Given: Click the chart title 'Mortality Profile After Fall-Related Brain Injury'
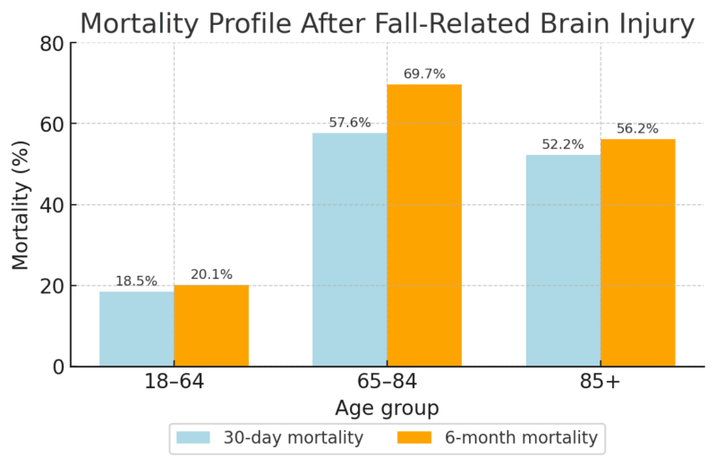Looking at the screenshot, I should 387,23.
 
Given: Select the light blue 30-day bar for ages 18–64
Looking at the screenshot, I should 136,329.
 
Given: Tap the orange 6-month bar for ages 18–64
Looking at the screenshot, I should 211,326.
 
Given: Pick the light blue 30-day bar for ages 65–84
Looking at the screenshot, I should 349,250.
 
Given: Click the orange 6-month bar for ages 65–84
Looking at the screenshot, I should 424,226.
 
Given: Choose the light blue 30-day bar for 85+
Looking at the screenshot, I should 563,261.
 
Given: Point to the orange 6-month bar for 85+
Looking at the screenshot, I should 637,253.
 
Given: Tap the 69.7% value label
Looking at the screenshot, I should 424,74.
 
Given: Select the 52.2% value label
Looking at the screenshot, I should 563,145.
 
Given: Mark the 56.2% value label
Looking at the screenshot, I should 637,129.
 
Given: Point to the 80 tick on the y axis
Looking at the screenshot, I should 52,43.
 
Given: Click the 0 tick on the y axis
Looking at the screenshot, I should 57,367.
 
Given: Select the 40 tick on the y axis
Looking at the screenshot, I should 52,205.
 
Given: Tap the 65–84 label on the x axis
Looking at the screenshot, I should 387,383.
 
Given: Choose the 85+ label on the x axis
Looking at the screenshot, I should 601,383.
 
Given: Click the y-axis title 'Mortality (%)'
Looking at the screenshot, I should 21,205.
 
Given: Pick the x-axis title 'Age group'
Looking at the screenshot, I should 387,409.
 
